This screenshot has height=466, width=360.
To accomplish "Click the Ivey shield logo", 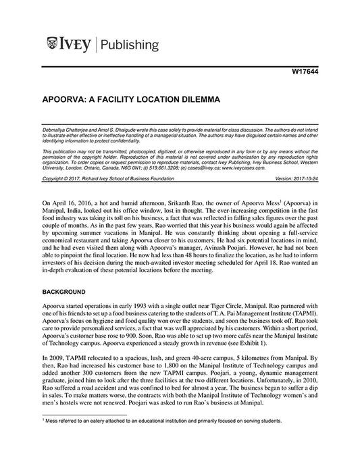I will pos(53,45).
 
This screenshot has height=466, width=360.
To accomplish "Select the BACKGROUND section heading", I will pos(63,291).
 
